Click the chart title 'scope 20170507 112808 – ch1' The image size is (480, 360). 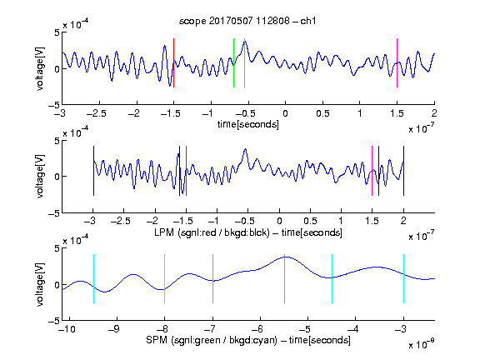[x=247, y=21]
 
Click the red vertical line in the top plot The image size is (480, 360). [x=174, y=63]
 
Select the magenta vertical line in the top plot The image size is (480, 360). [x=397, y=63]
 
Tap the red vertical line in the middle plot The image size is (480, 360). [x=186, y=171]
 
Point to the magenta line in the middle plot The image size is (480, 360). [x=372, y=171]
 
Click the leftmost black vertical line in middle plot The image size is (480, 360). [x=93, y=171]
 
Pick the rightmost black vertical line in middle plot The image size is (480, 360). [x=403, y=171]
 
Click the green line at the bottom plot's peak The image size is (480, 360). [x=285, y=278]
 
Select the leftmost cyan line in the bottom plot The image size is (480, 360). [x=93, y=278]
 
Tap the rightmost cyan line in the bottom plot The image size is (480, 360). [x=403, y=278]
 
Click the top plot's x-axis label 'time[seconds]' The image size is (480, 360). [x=248, y=124]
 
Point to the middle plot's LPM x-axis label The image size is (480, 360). [x=248, y=232]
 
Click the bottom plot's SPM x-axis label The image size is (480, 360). [x=248, y=340]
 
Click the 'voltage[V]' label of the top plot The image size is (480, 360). [x=40, y=68]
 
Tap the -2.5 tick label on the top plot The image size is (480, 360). [x=97, y=113]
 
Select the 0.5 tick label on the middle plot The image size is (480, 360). [x=310, y=221]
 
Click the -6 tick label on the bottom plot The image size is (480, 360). [x=260, y=329]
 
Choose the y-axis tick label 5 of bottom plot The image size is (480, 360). [x=57, y=248]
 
